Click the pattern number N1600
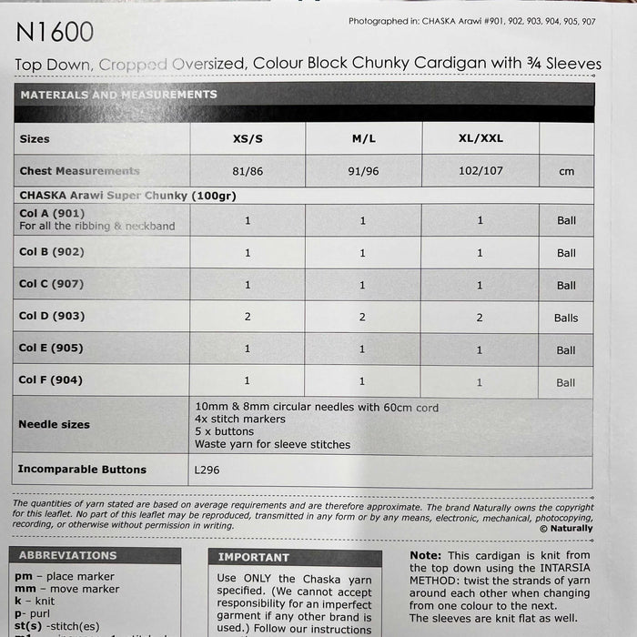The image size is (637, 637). pos(55,34)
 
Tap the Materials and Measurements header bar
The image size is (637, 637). pos(304,95)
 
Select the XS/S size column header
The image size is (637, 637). pos(248,139)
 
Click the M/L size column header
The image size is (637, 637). pos(363,139)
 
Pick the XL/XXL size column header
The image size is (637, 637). pos(480,139)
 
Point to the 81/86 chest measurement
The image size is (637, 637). pos(248,171)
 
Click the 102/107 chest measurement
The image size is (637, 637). pos(480,171)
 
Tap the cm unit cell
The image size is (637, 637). pos(566,171)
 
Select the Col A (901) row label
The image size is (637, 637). pos(51,213)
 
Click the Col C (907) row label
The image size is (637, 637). pos(51,284)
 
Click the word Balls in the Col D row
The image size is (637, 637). pos(566,318)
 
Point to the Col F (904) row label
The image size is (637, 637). pos(51,380)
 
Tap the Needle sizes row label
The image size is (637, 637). pos(55,424)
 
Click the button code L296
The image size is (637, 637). pos(208,470)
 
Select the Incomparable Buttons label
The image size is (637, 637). pos(83,470)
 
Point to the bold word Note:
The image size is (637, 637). pos(426,554)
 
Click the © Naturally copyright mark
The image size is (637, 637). pos(565,528)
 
